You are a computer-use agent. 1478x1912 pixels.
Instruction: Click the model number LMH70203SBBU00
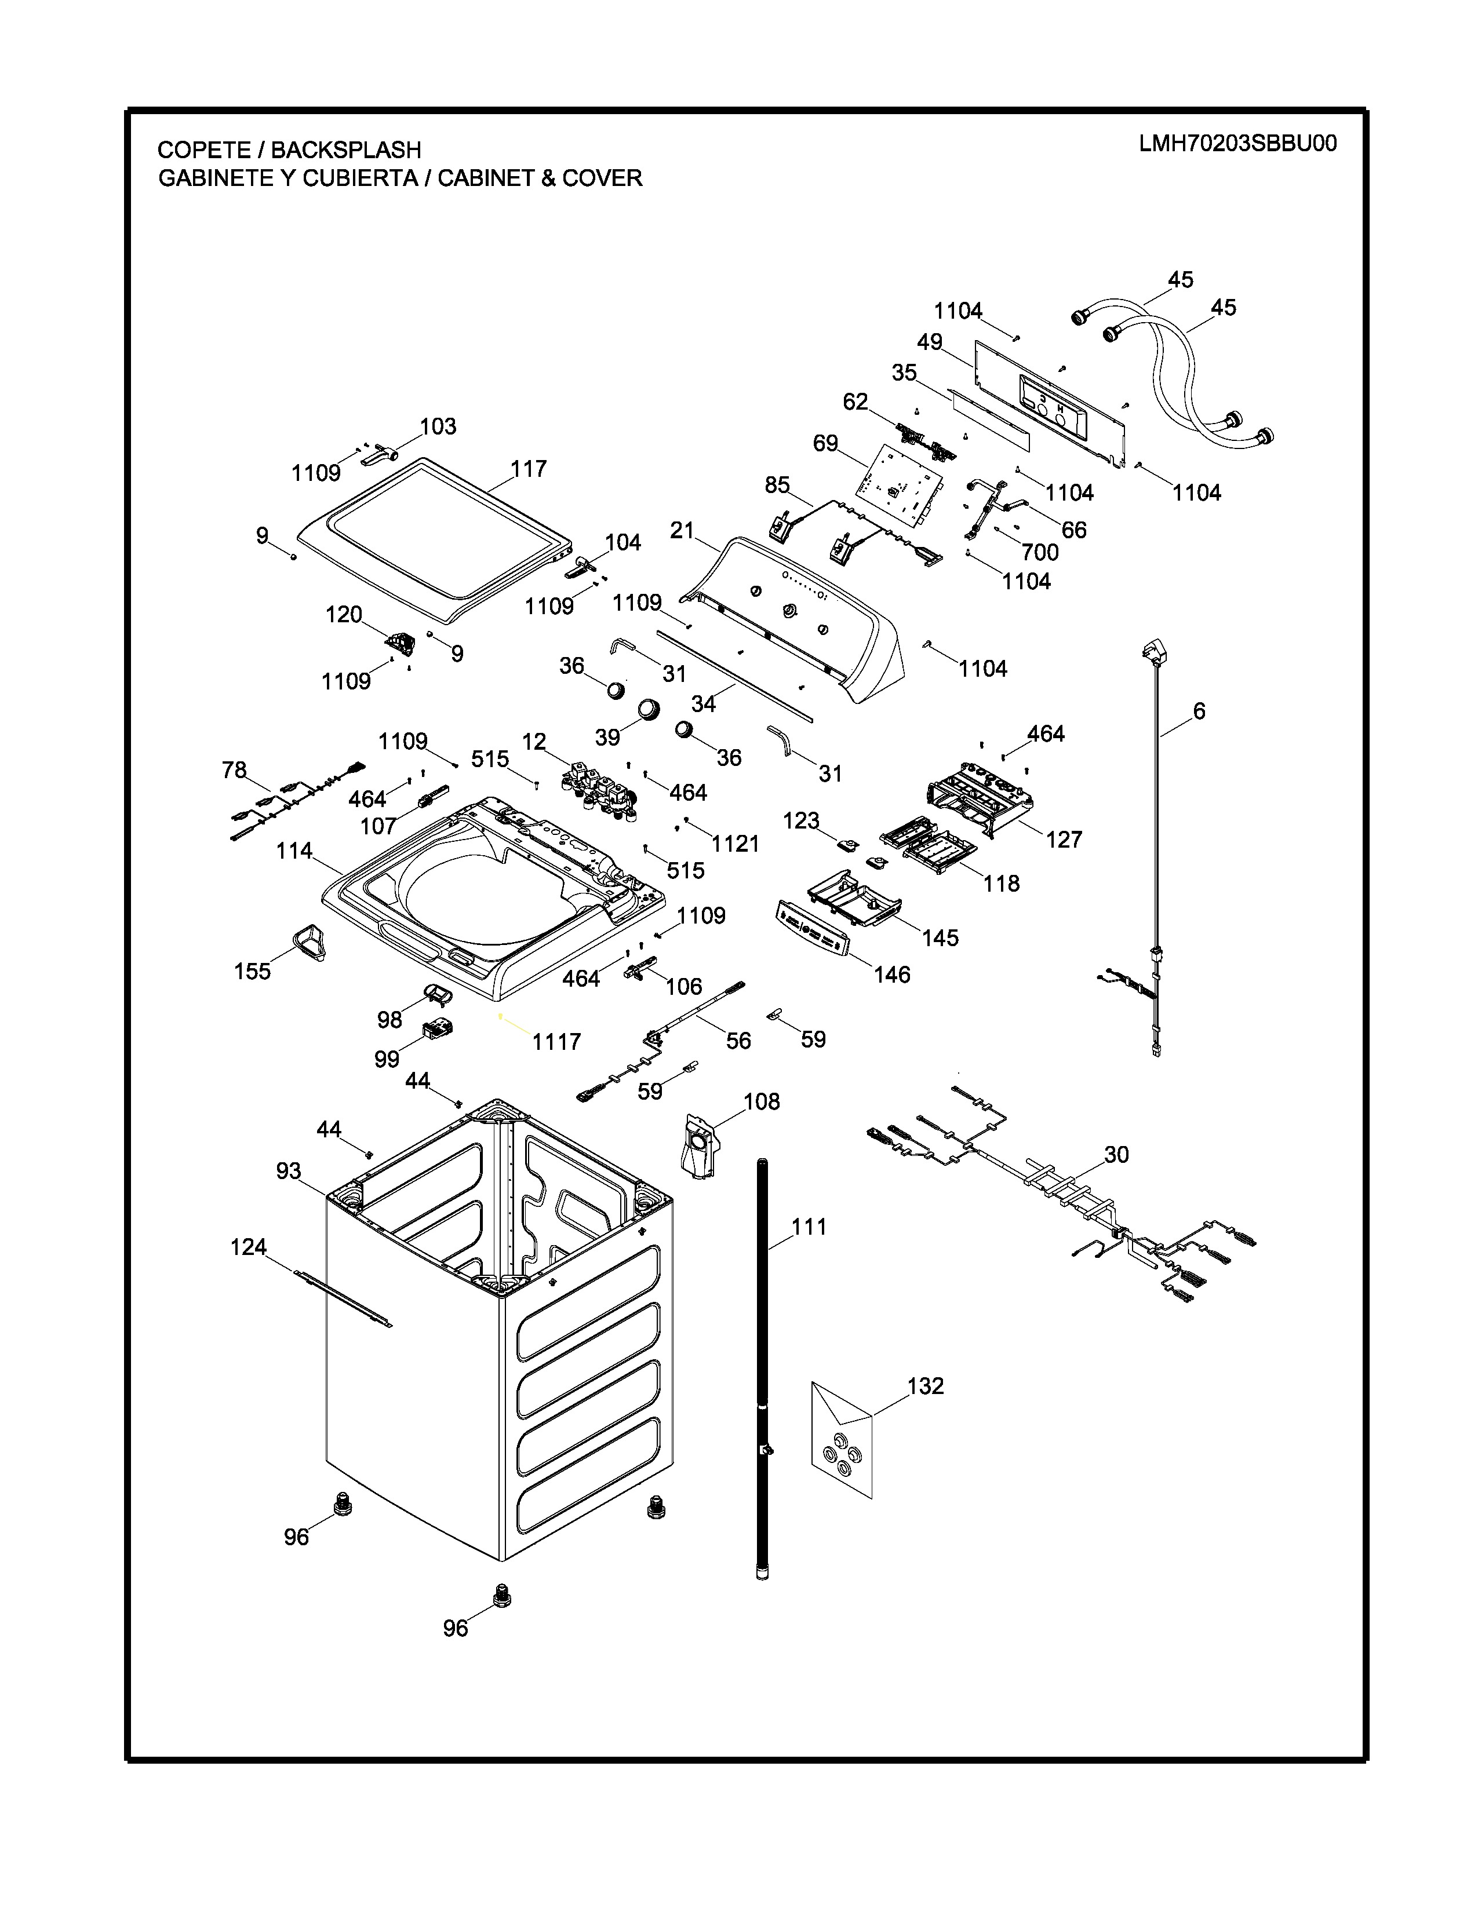1237,144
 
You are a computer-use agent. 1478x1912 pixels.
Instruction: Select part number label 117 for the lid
529,469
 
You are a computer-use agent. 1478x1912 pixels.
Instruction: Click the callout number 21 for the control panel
682,531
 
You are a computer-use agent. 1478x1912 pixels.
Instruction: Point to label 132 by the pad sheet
926,1386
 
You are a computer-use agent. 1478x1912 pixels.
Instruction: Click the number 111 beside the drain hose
809,1227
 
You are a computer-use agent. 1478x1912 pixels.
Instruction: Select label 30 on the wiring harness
1116,1155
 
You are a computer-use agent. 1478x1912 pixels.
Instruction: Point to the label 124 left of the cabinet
249,1247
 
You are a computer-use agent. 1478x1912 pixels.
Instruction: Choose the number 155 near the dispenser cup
252,971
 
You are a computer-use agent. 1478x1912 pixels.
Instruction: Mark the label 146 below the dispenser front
891,975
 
